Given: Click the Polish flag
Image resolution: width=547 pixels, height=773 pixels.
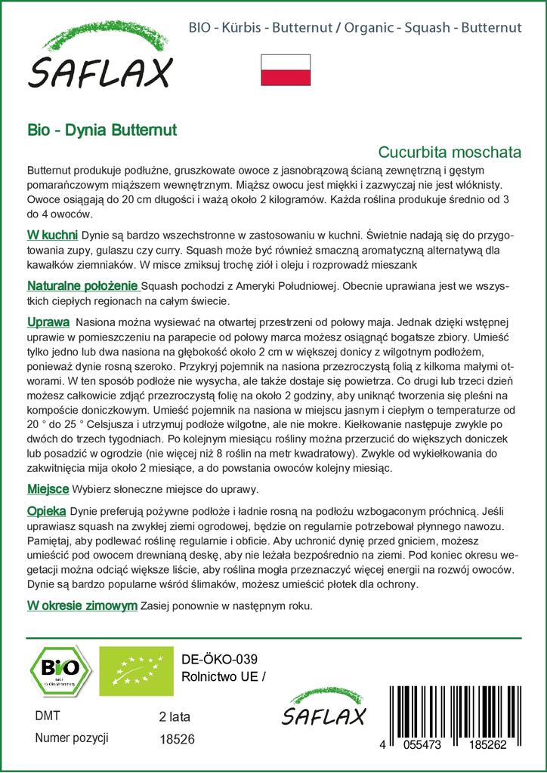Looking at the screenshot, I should [286, 70].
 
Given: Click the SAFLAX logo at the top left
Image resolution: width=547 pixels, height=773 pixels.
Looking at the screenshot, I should [99, 61].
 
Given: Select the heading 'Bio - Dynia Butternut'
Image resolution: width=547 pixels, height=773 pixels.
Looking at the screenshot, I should [102, 130].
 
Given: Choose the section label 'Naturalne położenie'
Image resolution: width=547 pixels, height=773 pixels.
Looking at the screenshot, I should [82, 286].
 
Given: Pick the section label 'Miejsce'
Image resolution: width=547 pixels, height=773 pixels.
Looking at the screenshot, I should [48, 488].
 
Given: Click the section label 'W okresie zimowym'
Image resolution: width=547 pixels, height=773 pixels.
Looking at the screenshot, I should [82, 605].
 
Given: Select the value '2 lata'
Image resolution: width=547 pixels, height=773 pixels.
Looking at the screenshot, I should [176, 716].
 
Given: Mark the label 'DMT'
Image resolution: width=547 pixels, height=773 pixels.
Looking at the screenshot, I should [48, 716].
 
